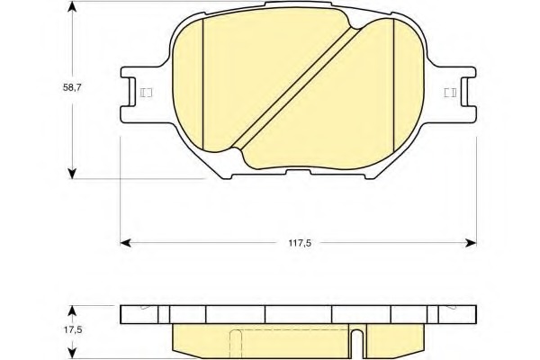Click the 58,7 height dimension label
(x=72, y=87)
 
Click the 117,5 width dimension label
(x=300, y=243)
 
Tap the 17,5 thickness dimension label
(x=73, y=329)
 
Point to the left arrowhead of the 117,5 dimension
(x=125, y=243)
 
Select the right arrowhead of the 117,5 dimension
(x=471, y=243)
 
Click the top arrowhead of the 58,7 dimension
(x=72, y=6)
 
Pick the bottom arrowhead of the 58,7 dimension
(x=72, y=174)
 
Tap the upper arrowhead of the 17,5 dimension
(x=72, y=310)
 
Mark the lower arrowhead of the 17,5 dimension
(x=72, y=354)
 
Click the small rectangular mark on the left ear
(x=147, y=93)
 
